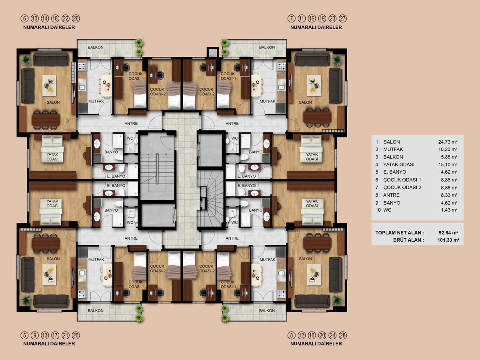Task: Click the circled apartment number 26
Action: click(76, 18)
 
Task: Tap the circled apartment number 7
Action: click(291, 18)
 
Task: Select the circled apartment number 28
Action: click(343, 335)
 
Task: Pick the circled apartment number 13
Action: click(45, 335)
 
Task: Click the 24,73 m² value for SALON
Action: click(448, 142)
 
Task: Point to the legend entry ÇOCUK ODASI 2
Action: click(402, 188)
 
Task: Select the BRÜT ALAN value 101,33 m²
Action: click(448, 240)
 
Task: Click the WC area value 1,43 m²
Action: click(449, 210)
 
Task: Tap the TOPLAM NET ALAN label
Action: click(400, 232)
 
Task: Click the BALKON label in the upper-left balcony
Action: click(96, 47)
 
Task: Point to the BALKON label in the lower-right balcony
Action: click(267, 311)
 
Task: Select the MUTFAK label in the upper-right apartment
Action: click(268, 101)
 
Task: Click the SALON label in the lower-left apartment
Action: click(53, 258)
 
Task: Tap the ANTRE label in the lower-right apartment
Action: click(232, 238)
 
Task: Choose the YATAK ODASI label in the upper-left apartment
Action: click(52, 157)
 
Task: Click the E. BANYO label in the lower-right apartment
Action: click(246, 186)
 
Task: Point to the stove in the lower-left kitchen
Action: click(82, 294)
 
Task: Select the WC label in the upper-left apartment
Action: click(130, 138)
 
